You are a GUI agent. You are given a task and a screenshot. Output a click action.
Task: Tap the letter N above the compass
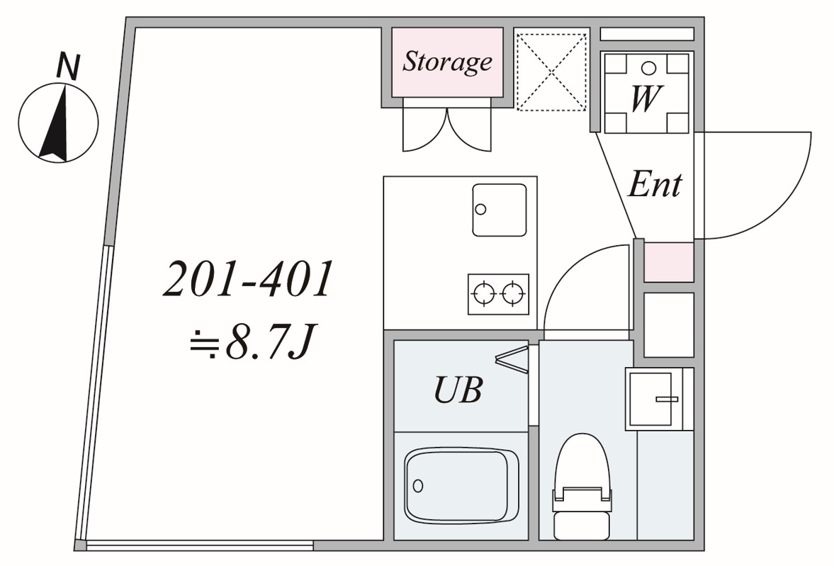(67, 67)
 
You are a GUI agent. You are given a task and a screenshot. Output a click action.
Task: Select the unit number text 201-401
(248, 278)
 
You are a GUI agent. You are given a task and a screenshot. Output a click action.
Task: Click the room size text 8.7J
(268, 344)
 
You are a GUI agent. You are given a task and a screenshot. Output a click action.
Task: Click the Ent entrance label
(655, 185)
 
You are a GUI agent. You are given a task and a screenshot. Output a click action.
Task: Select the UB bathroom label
(458, 390)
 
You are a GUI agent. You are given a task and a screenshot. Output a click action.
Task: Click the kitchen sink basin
(500, 210)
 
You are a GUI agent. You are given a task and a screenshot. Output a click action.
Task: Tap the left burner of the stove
(485, 294)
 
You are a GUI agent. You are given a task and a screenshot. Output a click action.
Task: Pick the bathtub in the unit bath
(461, 486)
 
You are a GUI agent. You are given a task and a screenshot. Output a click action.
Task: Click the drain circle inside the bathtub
(418, 486)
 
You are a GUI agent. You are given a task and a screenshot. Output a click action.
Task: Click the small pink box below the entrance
(669, 262)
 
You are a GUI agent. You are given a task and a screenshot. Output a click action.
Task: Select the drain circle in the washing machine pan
(648, 68)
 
